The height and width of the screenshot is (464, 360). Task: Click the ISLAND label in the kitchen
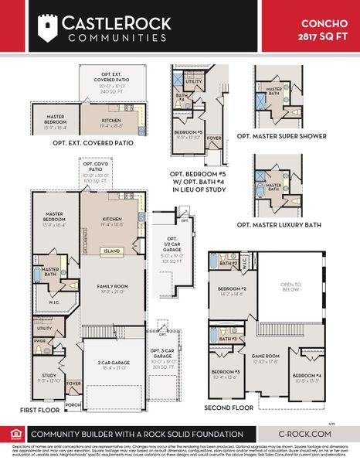(113, 251)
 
